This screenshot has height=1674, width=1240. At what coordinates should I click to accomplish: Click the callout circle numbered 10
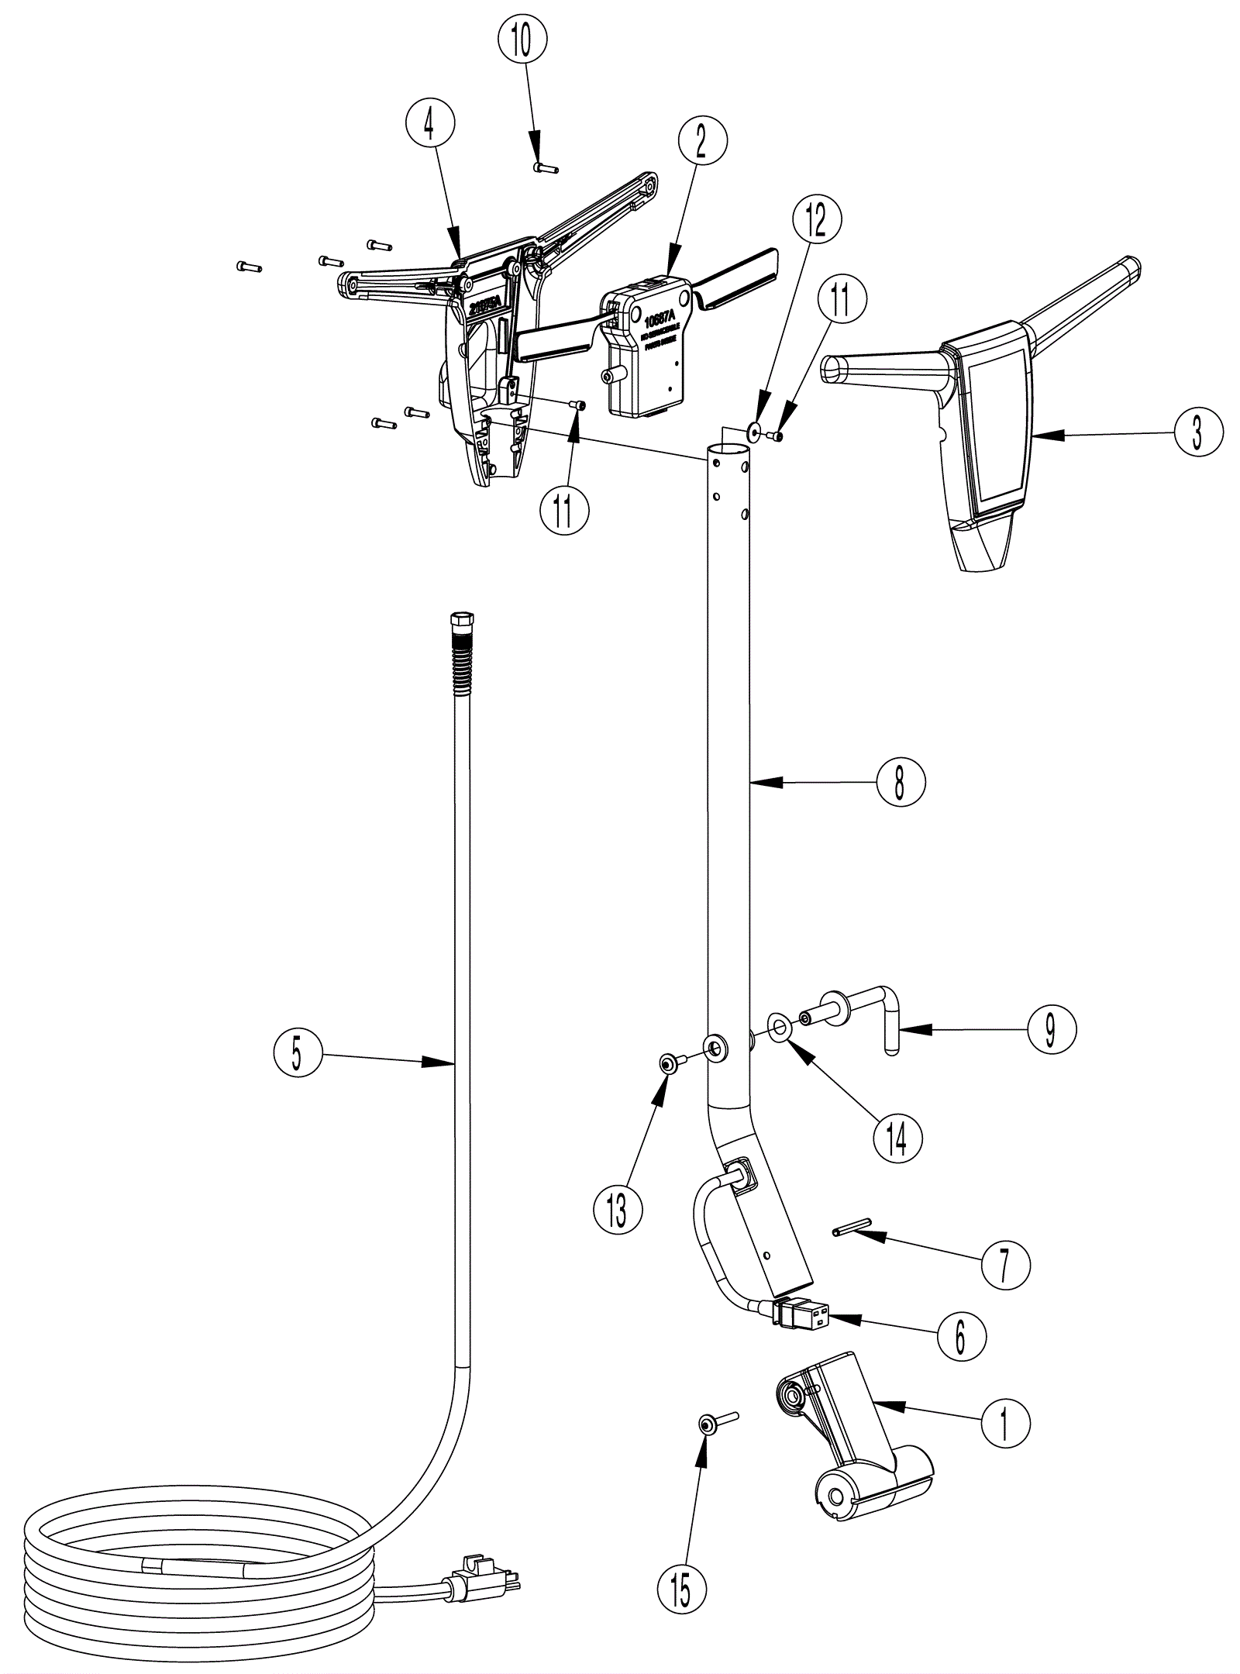(x=522, y=40)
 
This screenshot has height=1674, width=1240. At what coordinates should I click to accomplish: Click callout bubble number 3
(x=1197, y=432)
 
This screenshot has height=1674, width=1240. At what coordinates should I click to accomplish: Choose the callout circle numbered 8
(x=901, y=783)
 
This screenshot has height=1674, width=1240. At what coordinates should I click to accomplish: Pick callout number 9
(x=1051, y=1029)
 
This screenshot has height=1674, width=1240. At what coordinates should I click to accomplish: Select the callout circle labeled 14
(x=897, y=1137)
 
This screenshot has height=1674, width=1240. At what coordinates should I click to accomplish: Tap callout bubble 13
(x=618, y=1208)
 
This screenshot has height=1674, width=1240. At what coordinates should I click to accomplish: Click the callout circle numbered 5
(x=298, y=1054)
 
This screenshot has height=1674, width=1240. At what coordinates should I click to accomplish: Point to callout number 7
(x=1004, y=1266)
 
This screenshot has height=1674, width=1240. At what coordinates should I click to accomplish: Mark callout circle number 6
(x=961, y=1336)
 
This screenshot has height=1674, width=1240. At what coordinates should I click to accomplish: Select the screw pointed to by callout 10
(x=546, y=168)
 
